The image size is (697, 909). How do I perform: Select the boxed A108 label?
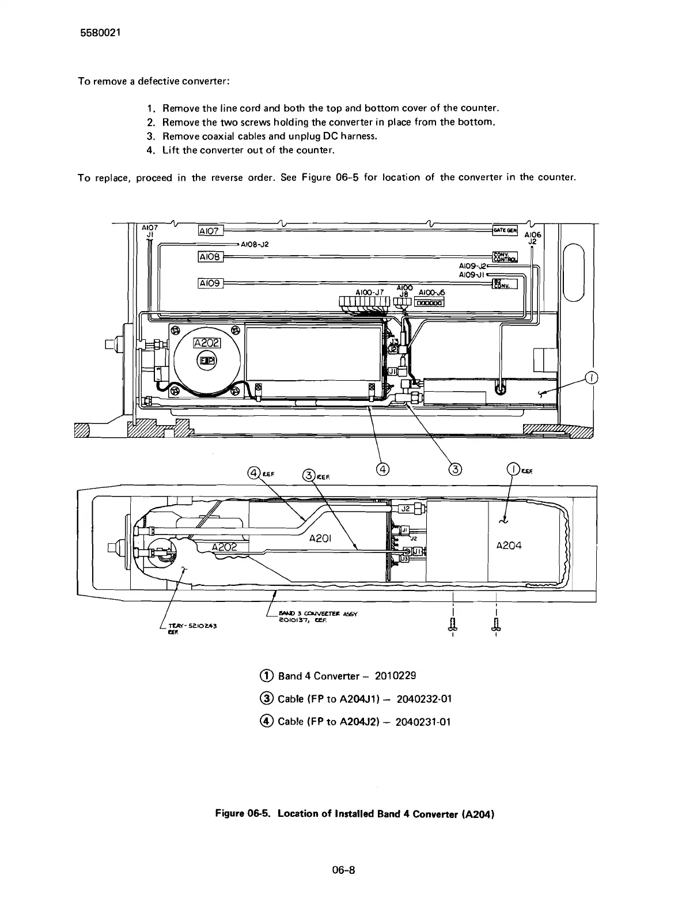click(x=210, y=256)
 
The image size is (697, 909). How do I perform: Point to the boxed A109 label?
click(x=210, y=283)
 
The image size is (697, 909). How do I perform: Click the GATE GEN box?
click(x=505, y=231)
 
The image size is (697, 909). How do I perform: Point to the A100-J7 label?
click(x=370, y=293)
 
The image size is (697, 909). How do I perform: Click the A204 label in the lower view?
click(x=509, y=546)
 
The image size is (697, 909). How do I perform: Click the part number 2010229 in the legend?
click(x=395, y=675)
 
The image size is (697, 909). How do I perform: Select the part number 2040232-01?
click(x=425, y=699)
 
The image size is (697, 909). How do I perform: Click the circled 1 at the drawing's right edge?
click(x=591, y=378)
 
